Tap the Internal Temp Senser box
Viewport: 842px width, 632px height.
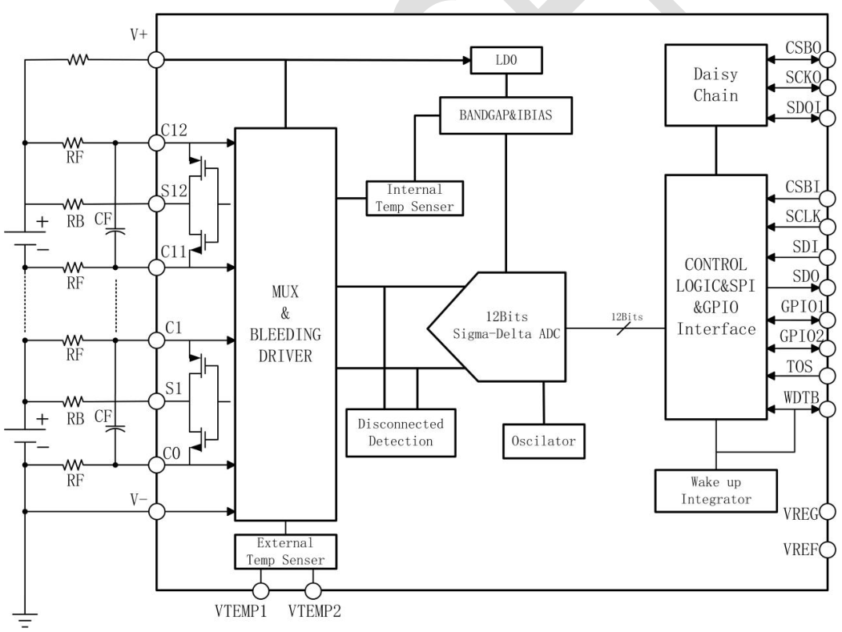coord(409,198)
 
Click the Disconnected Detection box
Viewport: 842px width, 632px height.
coord(400,433)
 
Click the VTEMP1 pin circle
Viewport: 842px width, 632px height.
coord(260,591)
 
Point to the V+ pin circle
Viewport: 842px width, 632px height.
coord(156,58)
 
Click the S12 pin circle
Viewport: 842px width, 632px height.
coord(156,203)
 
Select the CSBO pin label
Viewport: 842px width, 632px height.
coord(801,50)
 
